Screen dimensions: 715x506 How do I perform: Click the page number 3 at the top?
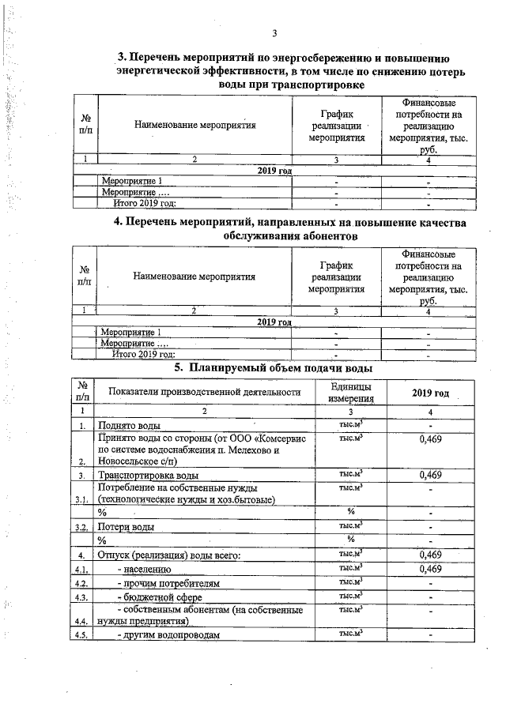pos(274,32)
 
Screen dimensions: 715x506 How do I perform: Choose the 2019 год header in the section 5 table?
pos(430,393)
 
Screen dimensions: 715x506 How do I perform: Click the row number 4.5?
pos(81,636)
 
